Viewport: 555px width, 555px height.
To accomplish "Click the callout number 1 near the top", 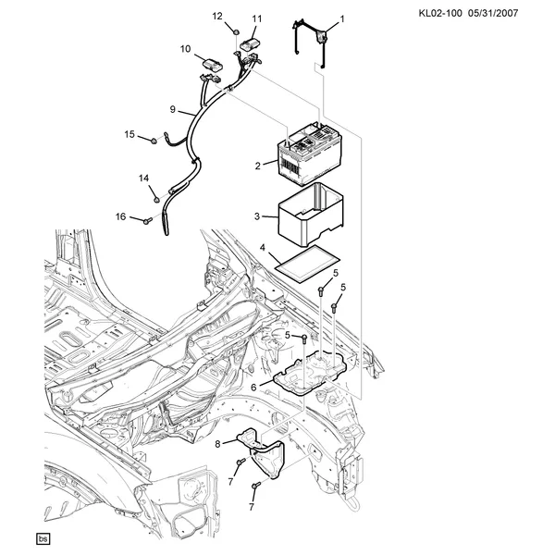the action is point(342,18).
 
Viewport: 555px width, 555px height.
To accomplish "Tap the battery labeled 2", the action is point(310,154).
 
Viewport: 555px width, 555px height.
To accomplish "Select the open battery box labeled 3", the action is point(311,215).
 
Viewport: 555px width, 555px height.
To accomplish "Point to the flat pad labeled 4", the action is point(307,264).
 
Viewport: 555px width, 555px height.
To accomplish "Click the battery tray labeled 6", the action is point(310,373).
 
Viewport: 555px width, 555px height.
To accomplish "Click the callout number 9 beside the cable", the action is point(172,109).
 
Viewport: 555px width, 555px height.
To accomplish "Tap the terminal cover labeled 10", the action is point(212,64).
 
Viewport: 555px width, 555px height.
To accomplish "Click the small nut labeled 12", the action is point(236,31).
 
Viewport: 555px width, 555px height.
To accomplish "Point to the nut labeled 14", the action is point(155,200).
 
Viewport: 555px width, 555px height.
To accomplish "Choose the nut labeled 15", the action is point(154,141).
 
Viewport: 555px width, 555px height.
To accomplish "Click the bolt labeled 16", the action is point(147,221).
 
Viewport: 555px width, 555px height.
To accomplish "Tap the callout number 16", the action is point(120,216).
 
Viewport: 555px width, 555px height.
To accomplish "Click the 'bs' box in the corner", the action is point(43,538).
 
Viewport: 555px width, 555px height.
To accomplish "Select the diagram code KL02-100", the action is point(440,14).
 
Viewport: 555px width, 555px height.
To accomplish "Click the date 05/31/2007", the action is point(493,14).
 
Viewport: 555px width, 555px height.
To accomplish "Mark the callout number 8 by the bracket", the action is point(217,443).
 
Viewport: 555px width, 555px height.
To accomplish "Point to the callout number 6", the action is point(253,388).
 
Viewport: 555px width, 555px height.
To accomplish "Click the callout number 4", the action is point(263,247).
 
